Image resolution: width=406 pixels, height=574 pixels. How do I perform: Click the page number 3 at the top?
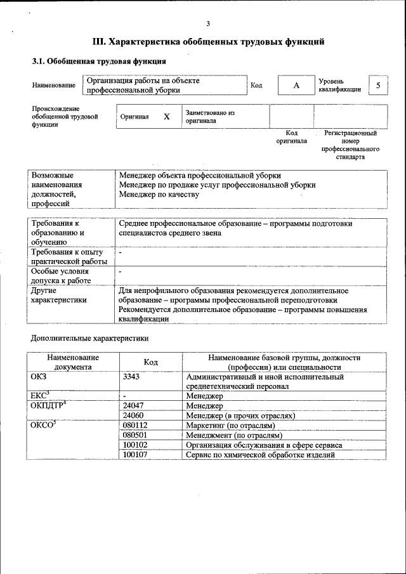(x=208, y=24)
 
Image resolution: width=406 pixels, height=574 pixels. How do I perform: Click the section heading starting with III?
(x=209, y=42)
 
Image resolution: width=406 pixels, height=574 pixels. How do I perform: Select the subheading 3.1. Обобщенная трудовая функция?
(x=99, y=62)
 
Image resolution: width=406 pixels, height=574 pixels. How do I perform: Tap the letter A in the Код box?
(x=296, y=85)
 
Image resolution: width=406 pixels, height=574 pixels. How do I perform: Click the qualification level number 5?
(x=379, y=85)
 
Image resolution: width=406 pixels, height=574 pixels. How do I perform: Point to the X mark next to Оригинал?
(x=167, y=117)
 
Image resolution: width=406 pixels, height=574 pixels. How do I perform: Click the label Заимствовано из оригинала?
(x=210, y=117)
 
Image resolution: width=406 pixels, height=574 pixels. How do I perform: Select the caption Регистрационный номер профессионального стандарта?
(x=350, y=145)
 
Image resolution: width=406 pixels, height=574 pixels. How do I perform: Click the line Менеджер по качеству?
(x=159, y=195)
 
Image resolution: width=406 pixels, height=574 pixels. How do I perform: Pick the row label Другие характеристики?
(x=59, y=296)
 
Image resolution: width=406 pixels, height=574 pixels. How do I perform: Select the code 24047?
(x=133, y=405)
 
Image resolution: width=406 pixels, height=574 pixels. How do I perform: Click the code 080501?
(x=134, y=435)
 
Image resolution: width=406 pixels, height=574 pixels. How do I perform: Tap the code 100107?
(x=134, y=455)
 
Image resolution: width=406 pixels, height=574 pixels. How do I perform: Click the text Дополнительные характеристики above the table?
(x=89, y=338)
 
